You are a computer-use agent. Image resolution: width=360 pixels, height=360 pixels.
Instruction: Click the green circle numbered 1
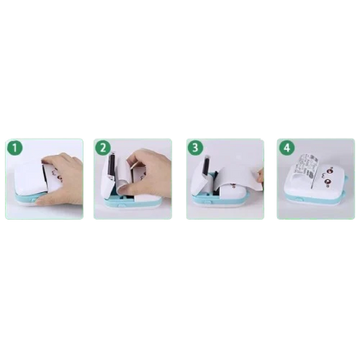15,148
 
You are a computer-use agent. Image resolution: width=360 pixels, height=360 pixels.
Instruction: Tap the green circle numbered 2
103,148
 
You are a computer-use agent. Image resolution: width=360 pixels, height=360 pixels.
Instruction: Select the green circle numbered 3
196,148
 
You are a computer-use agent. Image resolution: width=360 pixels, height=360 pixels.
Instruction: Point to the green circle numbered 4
286,148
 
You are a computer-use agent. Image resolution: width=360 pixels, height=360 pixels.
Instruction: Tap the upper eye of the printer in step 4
328,170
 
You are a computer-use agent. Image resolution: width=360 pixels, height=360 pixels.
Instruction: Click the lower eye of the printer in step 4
327,182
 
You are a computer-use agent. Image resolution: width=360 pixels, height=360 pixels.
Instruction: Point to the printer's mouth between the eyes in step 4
321,174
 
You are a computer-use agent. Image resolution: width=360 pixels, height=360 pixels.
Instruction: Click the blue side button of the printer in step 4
298,199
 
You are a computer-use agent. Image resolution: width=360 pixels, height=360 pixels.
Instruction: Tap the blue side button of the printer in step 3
207,196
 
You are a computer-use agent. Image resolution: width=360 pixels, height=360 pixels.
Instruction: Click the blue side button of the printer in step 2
121,206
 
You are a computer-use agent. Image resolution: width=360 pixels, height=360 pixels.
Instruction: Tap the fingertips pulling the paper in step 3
260,176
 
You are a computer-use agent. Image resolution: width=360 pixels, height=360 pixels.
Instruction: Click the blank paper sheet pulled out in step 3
237,177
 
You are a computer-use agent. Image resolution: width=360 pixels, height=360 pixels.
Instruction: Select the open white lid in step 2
110,173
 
